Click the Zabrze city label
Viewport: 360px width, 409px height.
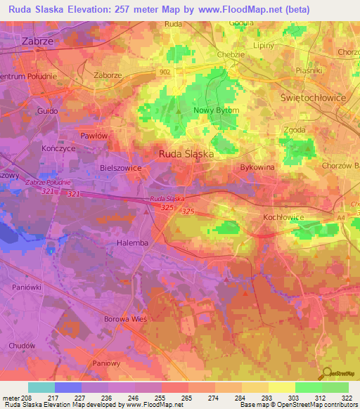(x=35, y=41)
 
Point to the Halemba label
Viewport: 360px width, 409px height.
(x=131, y=242)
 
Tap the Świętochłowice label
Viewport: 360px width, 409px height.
(x=313, y=98)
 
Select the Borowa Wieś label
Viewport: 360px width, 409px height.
(x=134, y=319)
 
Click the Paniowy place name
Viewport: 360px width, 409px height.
(x=108, y=363)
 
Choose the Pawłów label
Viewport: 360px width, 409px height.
(x=94, y=135)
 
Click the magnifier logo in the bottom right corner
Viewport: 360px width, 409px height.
(x=326, y=375)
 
